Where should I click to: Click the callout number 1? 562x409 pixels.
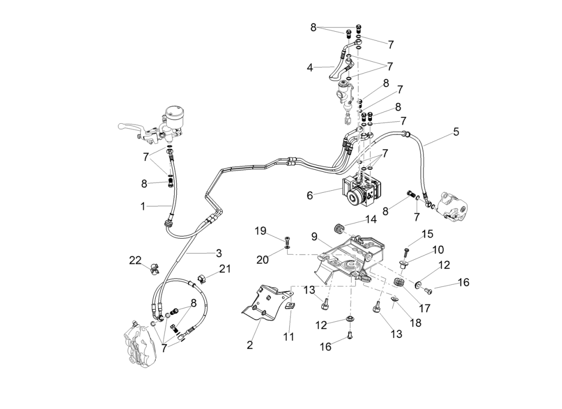[x=144, y=206]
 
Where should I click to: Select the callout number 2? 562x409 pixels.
[x=250, y=345]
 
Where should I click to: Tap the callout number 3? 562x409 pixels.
[x=218, y=253]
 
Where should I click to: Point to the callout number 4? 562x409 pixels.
[x=310, y=67]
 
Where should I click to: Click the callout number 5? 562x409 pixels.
[x=456, y=132]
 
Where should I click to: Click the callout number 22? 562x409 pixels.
[x=135, y=261]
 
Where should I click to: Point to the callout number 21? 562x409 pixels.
[x=225, y=269]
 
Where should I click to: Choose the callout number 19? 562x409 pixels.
[x=261, y=231]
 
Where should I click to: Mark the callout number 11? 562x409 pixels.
[x=289, y=336]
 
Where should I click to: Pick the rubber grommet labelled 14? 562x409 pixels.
[x=337, y=227]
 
